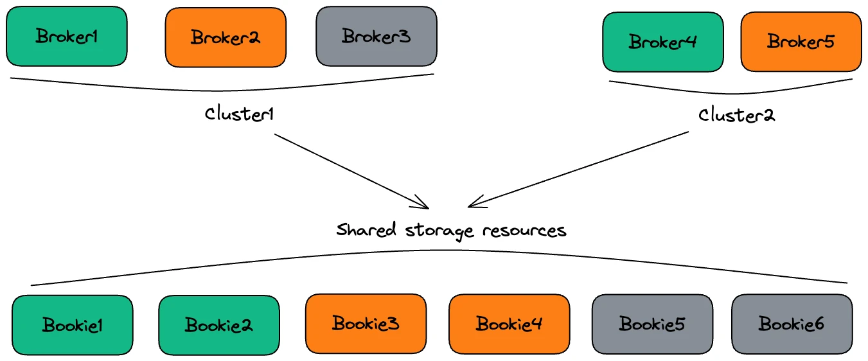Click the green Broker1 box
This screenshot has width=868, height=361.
pyautogui.click(x=67, y=37)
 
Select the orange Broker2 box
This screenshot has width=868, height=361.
pyautogui.click(x=226, y=37)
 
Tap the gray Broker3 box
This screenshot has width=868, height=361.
pyautogui.click(x=376, y=37)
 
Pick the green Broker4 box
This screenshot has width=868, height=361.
pyautogui.click(x=663, y=42)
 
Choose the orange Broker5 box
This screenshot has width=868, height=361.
pyautogui.click(x=801, y=42)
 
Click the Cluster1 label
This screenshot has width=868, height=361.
pyautogui.click(x=240, y=114)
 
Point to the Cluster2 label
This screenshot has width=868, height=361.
pyautogui.click(x=736, y=115)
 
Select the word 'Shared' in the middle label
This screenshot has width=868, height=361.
pyautogui.click(x=366, y=229)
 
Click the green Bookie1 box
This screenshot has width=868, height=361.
pyautogui.click(x=73, y=325)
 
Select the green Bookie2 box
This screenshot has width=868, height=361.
pyautogui.click(x=219, y=325)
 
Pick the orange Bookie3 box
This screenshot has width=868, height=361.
pyautogui.click(x=366, y=323)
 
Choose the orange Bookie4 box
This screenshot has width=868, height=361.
pyautogui.click(x=509, y=324)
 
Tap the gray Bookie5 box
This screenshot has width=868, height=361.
pyautogui.click(x=652, y=324)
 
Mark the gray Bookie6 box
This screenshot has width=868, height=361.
pyautogui.click(x=792, y=324)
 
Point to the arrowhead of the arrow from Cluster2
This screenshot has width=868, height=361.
pyautogui.click(x=473, y=204)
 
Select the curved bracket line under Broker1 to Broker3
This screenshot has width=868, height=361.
pyautogui.click(x=222, y=89)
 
